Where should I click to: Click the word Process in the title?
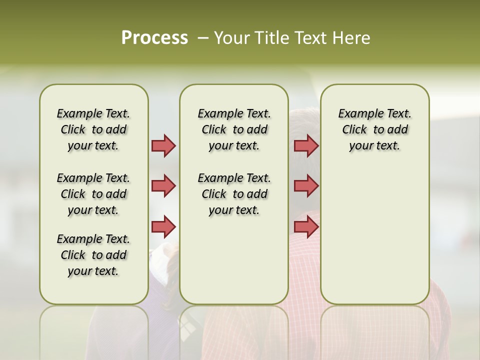point(154,38)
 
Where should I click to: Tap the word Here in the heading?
point(352,38)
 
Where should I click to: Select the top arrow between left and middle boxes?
point(163,145)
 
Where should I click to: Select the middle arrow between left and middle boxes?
point(163,186)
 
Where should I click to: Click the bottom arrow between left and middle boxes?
point(163,226)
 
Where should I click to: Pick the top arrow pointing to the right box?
point(306,145)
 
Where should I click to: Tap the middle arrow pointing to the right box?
point(306,186)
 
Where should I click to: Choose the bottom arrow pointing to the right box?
point(306,226)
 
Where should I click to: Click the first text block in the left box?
point(93,129)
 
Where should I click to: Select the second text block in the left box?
point(93,194)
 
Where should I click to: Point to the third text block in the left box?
point(93,255)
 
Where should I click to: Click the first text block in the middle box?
point(234,129)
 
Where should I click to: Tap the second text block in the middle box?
point(234,194)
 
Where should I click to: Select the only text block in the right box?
point(374,129)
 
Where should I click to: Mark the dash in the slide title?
point(203,38)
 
